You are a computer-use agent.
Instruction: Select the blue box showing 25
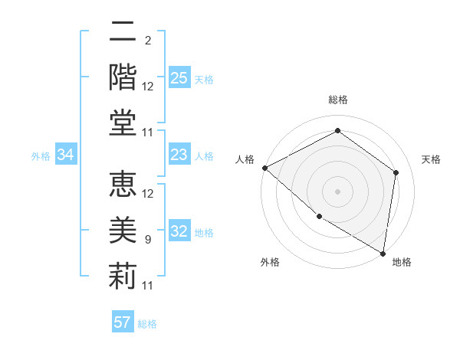coord(179,78)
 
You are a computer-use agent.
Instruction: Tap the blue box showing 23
coord(179,155)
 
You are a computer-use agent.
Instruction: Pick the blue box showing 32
coord(179,232)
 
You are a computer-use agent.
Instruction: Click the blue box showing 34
coord(65,155)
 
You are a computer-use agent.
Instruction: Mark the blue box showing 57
coord(123,322)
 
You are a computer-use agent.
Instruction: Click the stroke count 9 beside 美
coord(147,240)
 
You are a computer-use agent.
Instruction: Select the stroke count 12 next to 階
coord(148,87)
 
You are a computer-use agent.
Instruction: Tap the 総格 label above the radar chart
coord(337,100)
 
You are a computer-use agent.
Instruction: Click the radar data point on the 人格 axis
coord(264,168)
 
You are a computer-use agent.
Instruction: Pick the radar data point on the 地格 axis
coord(383,253)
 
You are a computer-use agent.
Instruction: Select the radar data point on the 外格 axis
coord(319,216)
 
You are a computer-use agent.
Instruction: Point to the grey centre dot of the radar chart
coord(337,191)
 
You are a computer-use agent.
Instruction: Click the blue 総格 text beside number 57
coord(147,324)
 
